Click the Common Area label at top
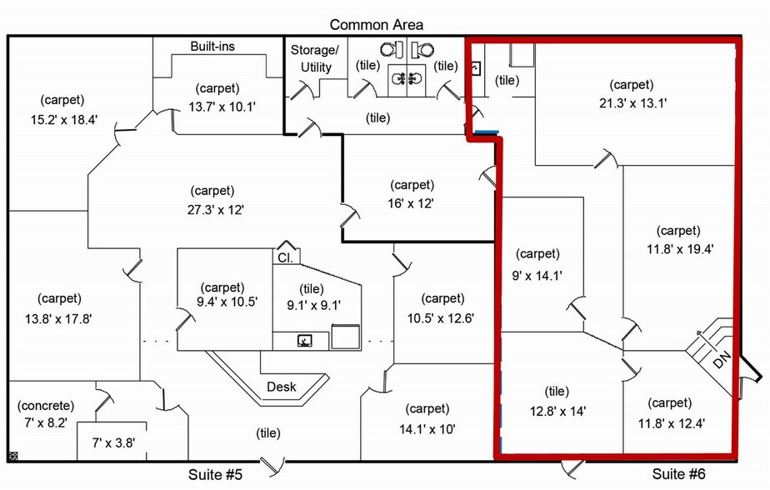[x=376, y=25]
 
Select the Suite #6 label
[x=677, y=475]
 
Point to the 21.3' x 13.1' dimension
[x=633, y=103]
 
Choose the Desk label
[x=282, y=387]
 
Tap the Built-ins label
[x=212, y=47]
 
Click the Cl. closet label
[x=283, y=258]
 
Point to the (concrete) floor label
[x=46, y=406]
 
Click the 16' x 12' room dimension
[x=412, y=203]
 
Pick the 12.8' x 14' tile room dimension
[x=557, y=410]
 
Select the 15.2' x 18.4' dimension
[x=64, y=119]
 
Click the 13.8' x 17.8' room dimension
[x=57, y=317]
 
